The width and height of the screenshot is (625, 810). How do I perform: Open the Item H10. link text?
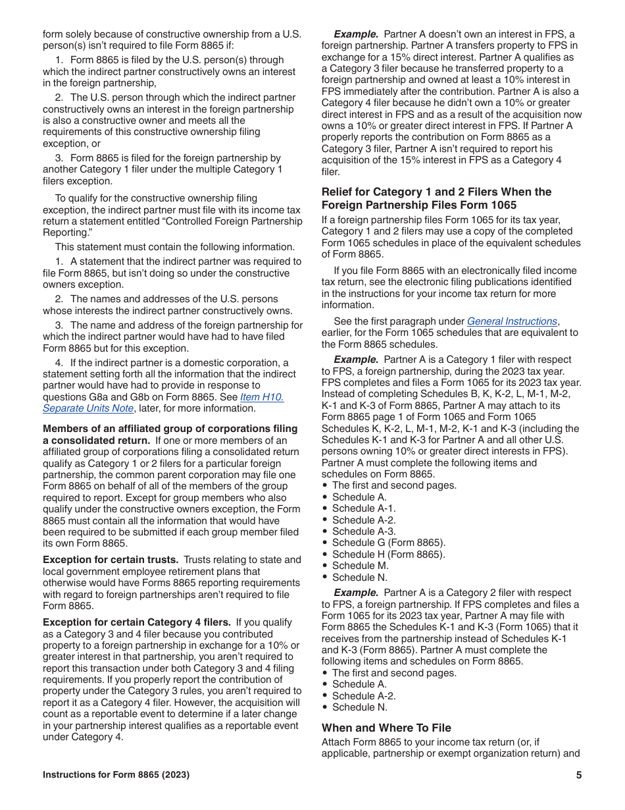262,397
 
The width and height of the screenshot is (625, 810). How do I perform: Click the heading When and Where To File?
386,728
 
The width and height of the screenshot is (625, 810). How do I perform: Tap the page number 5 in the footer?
579,775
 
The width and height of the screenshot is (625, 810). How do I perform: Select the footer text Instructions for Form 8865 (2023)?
116,775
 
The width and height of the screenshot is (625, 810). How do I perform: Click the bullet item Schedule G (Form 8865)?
388,543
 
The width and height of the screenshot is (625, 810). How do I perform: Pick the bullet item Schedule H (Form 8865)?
388,554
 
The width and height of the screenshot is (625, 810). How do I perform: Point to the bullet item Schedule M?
360,566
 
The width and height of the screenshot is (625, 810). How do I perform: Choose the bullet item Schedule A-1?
364,508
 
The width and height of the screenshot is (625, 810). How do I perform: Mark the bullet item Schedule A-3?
364,531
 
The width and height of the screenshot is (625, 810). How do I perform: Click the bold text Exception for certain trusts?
110,560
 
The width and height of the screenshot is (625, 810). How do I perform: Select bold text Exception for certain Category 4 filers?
136,622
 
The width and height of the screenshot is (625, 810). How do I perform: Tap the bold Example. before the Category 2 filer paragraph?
356,593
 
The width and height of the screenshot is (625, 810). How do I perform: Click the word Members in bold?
63,429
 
